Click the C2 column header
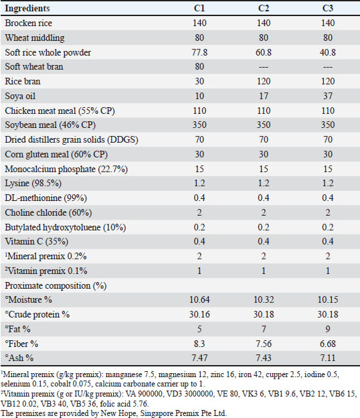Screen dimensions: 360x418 [x=264, y=8]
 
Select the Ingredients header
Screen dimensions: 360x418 [x=27, y=8]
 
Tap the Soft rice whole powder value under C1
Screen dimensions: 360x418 [x=199, y=52]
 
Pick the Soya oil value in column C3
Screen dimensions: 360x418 [x=328, y=96]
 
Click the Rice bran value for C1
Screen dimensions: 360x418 [x=199, y=81]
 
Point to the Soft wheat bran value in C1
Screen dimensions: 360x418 [x=199, y=66]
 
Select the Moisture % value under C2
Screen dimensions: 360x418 [x=264, y=299]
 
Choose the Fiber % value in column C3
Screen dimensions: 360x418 [x=328, y=344]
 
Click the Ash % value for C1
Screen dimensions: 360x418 [x=199, y=358]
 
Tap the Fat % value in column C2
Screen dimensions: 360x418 [x=264, y=329]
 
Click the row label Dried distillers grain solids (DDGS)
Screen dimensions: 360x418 [x=72, y=140]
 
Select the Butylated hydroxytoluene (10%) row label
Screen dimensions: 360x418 [x=65, y=227]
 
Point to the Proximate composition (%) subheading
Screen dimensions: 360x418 [x=56, y=286]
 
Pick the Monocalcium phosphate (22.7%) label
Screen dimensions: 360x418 [x=66, y=169]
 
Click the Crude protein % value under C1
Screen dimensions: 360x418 [x=199, y=314]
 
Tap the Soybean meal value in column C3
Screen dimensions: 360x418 [x=328, y=125]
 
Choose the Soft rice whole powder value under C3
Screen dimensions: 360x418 [x=328, y=52]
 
